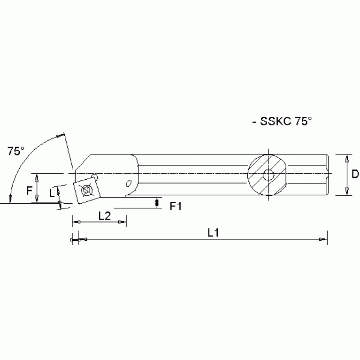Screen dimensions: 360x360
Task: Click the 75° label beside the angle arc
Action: click(16, 151)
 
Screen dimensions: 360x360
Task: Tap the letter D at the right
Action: click(355, 174)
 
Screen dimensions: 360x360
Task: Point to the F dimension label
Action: click(29, 191)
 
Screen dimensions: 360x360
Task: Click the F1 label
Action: click(176, 206)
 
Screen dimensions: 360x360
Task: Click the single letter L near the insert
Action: click(52, 193)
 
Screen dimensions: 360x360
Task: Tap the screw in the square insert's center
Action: click(86, 191)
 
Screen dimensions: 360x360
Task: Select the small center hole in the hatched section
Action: click(268, 175)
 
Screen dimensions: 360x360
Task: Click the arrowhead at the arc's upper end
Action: click(59, 136)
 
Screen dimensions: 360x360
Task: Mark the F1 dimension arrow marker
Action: click(156, 202)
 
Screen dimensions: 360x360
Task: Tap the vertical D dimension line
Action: click(347, 175)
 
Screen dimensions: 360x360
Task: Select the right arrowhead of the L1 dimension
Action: click(322, 240)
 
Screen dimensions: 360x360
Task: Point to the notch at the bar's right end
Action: click(327, 174)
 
